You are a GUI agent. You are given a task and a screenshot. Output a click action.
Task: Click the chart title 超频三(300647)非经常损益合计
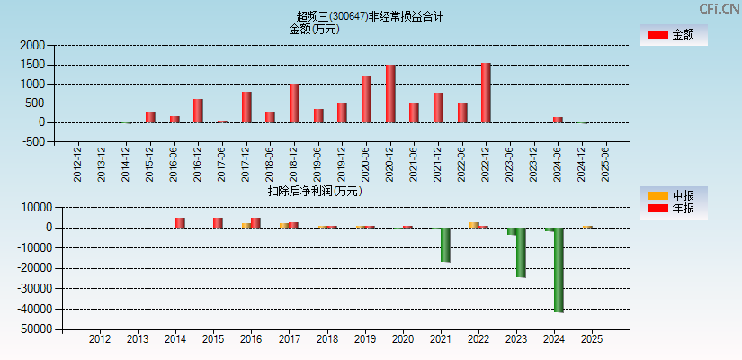(370, 16)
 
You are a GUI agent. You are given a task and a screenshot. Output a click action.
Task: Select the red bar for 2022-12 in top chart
(486, 93)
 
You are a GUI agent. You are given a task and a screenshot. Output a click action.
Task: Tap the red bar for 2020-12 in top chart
(390, 94)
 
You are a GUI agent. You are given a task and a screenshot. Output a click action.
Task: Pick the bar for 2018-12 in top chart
(294, 103)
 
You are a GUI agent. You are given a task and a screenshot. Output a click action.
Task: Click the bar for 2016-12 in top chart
(198, 111)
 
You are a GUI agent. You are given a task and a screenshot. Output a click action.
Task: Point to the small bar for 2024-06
(558, 120)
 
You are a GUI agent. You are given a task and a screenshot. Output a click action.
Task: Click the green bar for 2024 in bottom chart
(559, 270)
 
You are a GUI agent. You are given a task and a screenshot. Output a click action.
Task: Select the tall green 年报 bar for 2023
(521, 253)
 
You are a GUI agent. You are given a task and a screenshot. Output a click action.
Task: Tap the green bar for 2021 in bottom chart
(444, 245)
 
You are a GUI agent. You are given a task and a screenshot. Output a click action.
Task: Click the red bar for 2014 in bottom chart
(180, 222)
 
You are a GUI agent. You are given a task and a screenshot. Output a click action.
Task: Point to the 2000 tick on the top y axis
(32, 45)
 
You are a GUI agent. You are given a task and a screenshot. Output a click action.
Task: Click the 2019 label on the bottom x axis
(365, 339)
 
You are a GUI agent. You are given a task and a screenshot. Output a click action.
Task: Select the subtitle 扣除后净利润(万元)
(314, 191)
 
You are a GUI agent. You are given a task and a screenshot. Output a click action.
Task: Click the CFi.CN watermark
(720, 8)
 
